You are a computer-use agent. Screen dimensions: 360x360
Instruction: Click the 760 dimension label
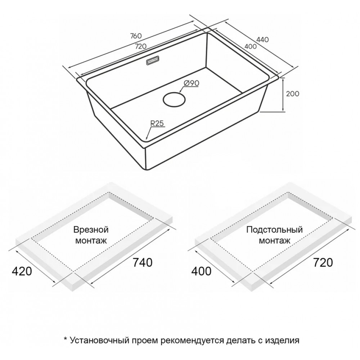(136, 36)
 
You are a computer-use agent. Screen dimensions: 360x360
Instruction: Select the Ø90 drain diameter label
(192, 84)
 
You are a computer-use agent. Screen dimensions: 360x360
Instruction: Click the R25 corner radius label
(157, 123)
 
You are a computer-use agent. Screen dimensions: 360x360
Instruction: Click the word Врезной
(91, 230)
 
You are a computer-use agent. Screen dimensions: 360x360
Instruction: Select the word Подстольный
(275, 229)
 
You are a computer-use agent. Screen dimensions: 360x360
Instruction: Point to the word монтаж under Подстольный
(275, 240)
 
